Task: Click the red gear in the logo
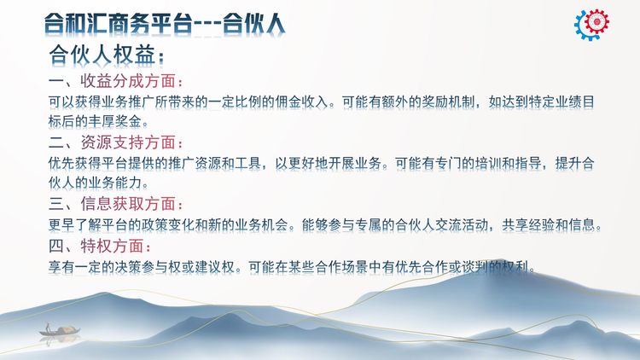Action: pos(596,21)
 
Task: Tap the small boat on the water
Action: pos(60,330)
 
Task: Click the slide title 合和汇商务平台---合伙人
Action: pos(164,24)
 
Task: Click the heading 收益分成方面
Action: pos(128,81)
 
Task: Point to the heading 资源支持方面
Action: pos(128,142)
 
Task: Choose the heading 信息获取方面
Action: pos(128,204)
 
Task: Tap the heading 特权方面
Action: pos(113,247)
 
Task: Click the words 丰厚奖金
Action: pos(115,121)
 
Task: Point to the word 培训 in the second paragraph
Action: pos(488,163)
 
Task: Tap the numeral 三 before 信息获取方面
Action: pos(56,204)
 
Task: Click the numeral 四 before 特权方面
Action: pos(56,247)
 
